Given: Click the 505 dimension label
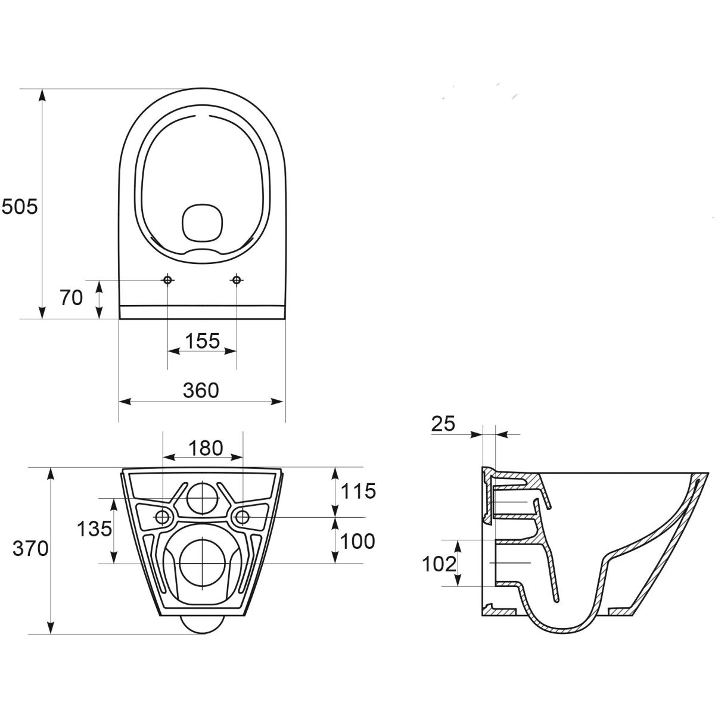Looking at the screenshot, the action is [20, 207].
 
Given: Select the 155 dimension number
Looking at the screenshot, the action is [202, 341].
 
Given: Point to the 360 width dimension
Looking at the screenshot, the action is [201, 390].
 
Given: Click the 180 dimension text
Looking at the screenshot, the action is [206, 448].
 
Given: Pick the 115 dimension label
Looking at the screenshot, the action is [358, 491].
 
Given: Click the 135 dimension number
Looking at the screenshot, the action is [94, 529].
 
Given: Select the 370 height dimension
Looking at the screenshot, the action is [30, 548].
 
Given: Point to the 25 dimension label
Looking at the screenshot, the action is [443, 424].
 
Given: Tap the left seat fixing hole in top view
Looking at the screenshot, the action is [167, 280].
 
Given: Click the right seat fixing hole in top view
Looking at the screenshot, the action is [237, 280].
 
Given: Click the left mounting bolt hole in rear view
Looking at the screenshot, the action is [163, 517].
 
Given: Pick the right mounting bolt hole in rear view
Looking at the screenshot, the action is [243, 517].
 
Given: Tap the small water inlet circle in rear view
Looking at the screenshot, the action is [203, 498].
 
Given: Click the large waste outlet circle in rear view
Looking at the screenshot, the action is [203, 563].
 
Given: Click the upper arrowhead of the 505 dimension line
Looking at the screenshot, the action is [43, 95].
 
